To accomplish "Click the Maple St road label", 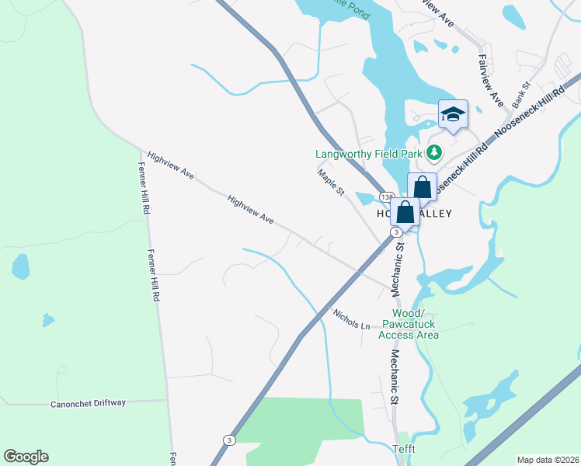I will click(330, 183).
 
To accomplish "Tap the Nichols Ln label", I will click(351, 318).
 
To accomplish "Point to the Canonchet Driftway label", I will click(89, 404).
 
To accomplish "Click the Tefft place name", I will click(403, 449).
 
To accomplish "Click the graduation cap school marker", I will click(454, 116).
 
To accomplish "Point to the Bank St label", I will click(520, 94).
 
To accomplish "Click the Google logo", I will click(26, 457).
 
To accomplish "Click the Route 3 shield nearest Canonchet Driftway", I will click(229, 440).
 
